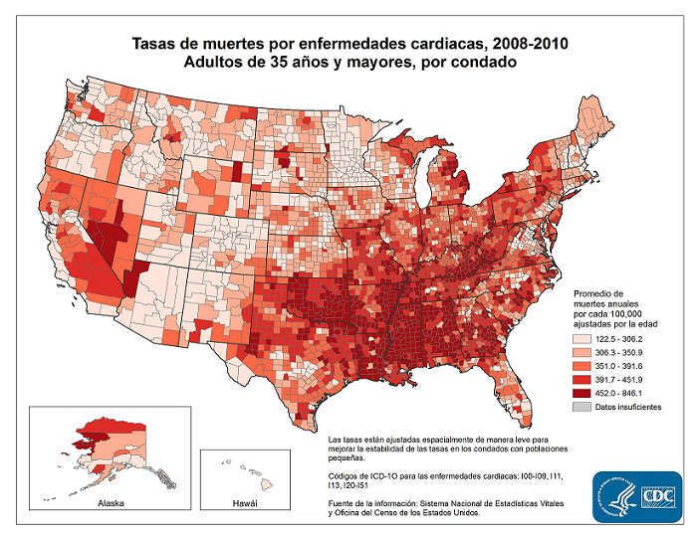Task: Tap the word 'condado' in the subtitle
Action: coord(483,63)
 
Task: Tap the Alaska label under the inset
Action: coord(111,504)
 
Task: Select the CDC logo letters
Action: coord(660,496)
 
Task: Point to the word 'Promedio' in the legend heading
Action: coord(598,294)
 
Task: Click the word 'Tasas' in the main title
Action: coord(158,44)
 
